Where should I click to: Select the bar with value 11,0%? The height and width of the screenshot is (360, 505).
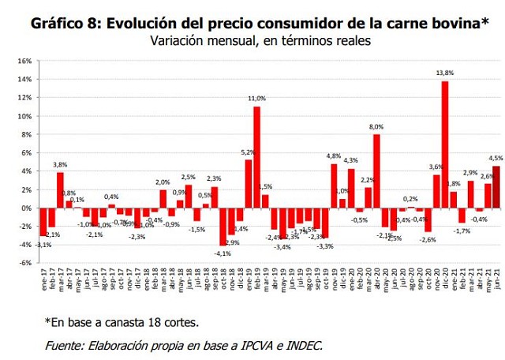(257, 157)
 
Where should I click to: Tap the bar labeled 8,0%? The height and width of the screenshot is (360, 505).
(377, 171)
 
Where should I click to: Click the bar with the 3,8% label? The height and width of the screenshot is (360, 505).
(60, 190)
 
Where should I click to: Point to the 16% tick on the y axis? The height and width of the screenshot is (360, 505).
(24, 61)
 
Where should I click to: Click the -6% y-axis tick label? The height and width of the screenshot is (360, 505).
(24, 263)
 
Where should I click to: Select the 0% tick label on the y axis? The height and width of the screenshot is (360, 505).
(26, 208)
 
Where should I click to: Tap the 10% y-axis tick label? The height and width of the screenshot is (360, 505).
(24, 116)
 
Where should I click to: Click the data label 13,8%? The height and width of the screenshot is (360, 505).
(445, 73)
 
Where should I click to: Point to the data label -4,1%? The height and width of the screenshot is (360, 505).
(223, 253)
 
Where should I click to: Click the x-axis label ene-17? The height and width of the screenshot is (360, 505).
(43, 280)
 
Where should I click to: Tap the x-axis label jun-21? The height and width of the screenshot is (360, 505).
(496, 280)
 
